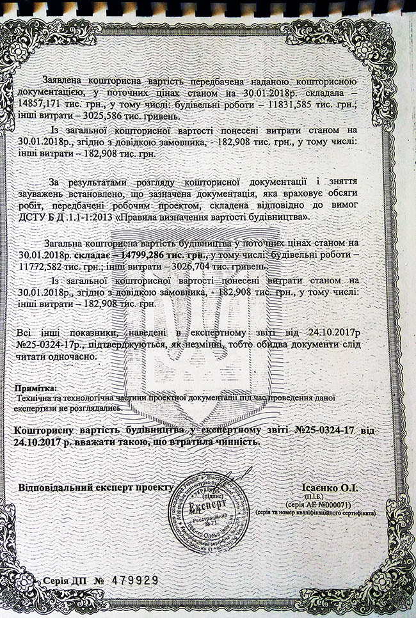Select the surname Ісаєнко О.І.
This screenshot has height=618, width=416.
(330, 488)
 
